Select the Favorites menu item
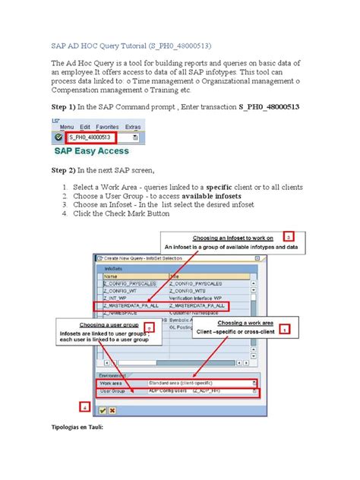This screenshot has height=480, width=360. (107, 126)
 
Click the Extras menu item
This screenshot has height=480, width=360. (133, 126)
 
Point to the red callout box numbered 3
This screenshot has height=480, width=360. (289, 236)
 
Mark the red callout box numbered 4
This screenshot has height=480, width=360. (84, 406)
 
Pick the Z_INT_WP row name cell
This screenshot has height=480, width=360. (114, 297)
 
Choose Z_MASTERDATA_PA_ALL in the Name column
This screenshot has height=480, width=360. (128, 305)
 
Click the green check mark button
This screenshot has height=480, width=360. (102, 409)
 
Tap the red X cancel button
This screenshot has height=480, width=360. (112, 409)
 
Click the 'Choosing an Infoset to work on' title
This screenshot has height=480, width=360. (236, 237)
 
